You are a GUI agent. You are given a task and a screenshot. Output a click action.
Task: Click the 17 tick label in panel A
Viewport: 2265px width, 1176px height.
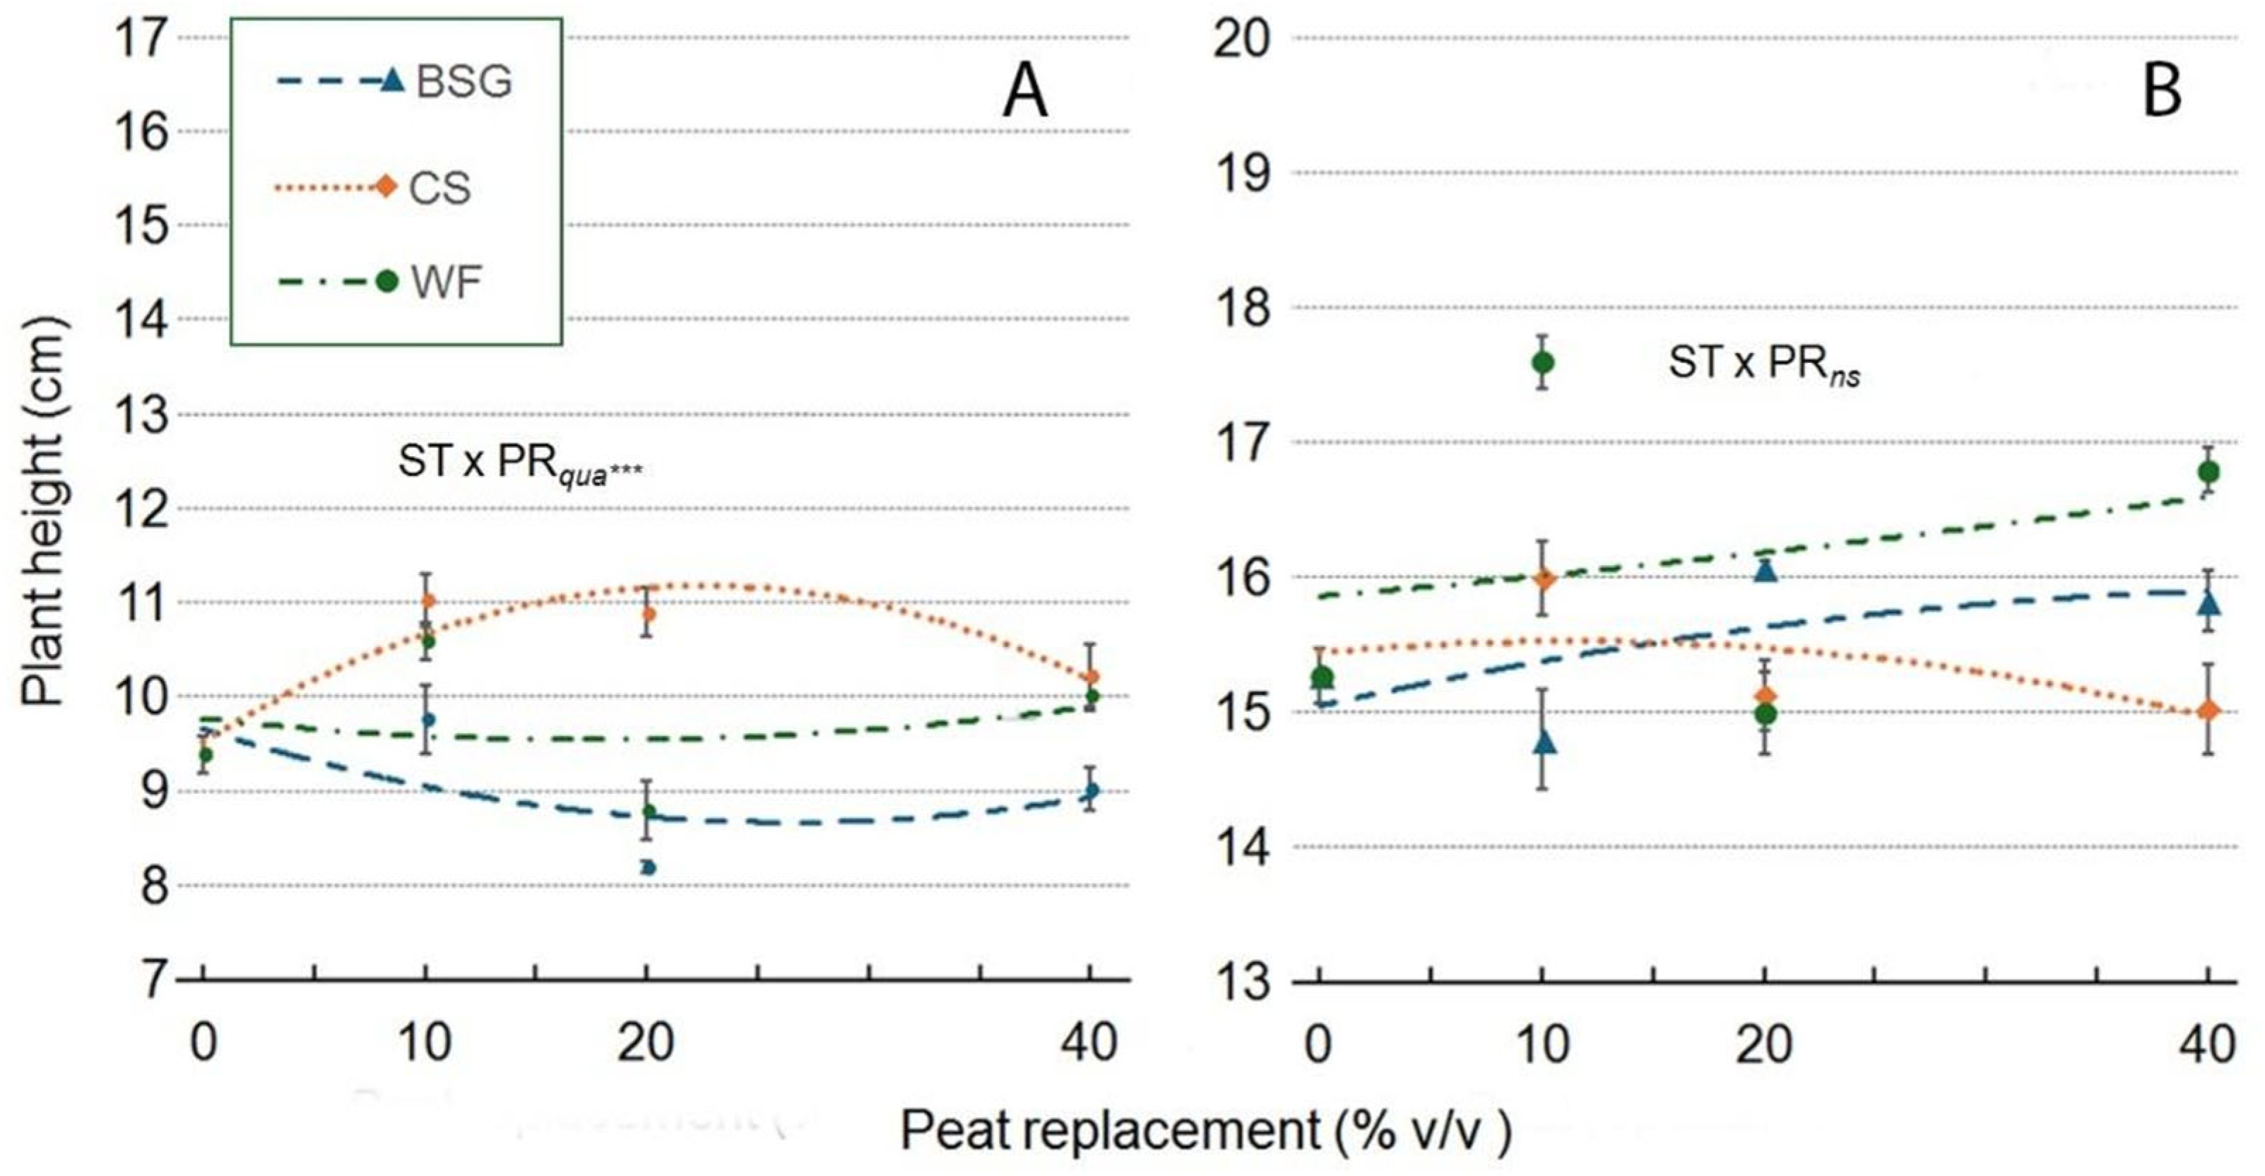click(x=143, y=40)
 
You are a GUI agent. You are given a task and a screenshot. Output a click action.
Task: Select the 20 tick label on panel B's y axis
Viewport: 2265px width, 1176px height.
click(x=1241, y=40)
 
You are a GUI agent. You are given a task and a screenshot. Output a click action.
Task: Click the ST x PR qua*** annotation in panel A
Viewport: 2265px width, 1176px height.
click(x=519, y=463)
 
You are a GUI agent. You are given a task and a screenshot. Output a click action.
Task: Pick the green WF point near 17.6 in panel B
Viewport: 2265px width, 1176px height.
click(x=1542, y=362)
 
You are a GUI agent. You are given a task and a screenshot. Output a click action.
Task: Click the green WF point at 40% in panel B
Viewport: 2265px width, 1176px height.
click(x=2208, y=472)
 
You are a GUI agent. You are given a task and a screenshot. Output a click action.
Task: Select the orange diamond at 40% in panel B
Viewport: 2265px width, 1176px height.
click(x=2208, y=710)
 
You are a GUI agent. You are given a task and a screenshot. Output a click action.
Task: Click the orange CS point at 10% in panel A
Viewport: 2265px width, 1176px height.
click(x=428, y=601)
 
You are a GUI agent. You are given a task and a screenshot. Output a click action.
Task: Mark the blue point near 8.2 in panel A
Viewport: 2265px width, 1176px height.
click(x=648, y=867)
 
